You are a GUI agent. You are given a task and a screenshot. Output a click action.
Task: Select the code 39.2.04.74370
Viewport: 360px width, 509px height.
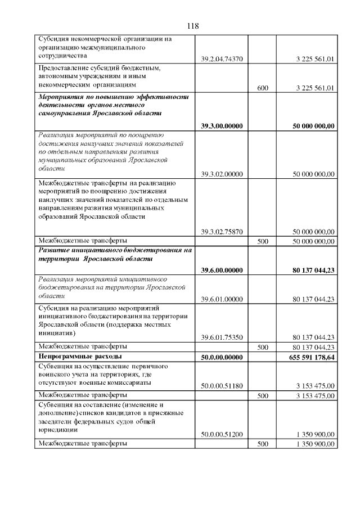pos(222,58)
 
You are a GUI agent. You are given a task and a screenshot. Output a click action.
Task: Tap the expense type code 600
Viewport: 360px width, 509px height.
pos(262,88)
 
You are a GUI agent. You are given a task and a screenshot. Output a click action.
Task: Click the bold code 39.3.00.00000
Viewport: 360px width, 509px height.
pos(222,126)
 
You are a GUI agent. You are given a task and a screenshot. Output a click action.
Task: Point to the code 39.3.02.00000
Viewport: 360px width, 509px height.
pos(222,174)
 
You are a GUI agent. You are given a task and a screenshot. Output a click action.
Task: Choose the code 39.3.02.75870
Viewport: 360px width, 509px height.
pos(222,231)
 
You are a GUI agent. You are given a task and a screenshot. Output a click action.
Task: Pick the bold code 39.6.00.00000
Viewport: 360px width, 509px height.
pos(222,271)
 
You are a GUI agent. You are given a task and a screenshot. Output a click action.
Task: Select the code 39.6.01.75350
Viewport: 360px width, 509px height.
pos(222,337)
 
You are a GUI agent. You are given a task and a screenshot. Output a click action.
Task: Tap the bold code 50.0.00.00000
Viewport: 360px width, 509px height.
pos(222,357)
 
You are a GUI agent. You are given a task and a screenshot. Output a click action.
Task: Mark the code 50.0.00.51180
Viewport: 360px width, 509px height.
pos(222,386)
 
